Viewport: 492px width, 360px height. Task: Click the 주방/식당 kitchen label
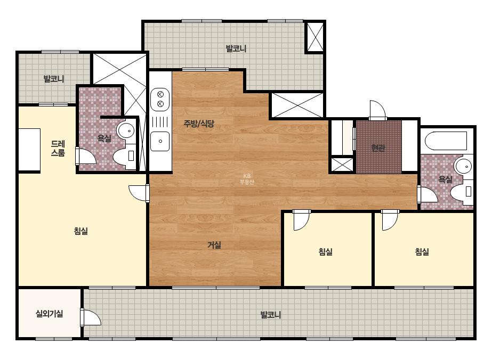pyautogui.click(x=199, y=123)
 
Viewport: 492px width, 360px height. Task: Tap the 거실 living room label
pyautogui.click(x=214, y=245)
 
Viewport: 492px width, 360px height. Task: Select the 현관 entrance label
pyautogui.click(x=378, y=148)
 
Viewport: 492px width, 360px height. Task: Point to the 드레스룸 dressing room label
pyautogui.click(x=58, y=149)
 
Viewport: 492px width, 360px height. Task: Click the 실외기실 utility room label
pyautogui.click(x=49, y=313)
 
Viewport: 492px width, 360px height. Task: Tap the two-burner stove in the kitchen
pyautogui.click(x=160, y=99)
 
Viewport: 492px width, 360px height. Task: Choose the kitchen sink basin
pyautogui.click(x=160, y=141)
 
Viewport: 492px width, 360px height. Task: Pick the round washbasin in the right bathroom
pyautogui.click(x=463, y=166)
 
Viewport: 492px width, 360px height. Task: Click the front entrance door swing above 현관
pyautogui.click(x=377, y=110)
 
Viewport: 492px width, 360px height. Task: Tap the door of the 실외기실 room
pyautogui.click(x=91, y=317)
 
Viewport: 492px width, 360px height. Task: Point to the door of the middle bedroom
pyautogui.click(x=302, y=220)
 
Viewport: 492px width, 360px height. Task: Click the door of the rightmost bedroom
pyautogui.click(x=390, y=220)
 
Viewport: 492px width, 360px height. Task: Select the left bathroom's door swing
pyautogui.click(x=86, y=156)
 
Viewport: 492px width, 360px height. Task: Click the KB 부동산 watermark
pyautogui.click(x=247, y=179)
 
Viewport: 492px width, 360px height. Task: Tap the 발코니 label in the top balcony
pyautogui.click(x=236, y=48)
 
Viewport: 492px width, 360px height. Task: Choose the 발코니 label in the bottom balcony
pyautogui.click(x=270, y=315)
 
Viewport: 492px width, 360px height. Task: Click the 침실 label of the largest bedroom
pyautogui.click(x=81, y=231)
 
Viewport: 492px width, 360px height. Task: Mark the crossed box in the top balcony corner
pyautogui.click(x=314, y=37)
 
